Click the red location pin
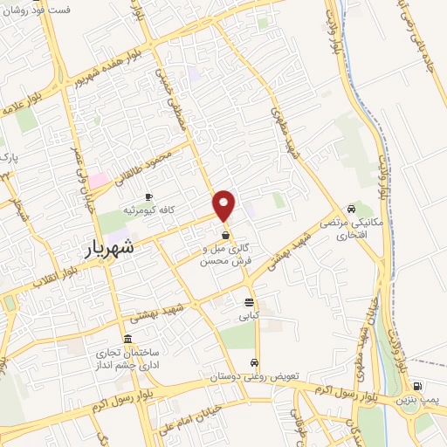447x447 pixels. click(x=225, y=205)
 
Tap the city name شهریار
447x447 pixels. click(x=112, y=247)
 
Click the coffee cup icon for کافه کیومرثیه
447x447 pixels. click(x=148, y=196)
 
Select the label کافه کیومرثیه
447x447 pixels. click(x=148, y=210)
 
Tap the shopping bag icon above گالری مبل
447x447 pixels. click(x=226, y=235)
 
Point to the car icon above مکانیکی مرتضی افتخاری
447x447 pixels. click(x=350, y=209)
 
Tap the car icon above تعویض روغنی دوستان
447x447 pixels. click(x=254, y=362)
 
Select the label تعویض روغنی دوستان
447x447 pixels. click(x=254, y=377)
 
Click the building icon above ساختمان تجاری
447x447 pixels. click(x=128, y=339)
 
